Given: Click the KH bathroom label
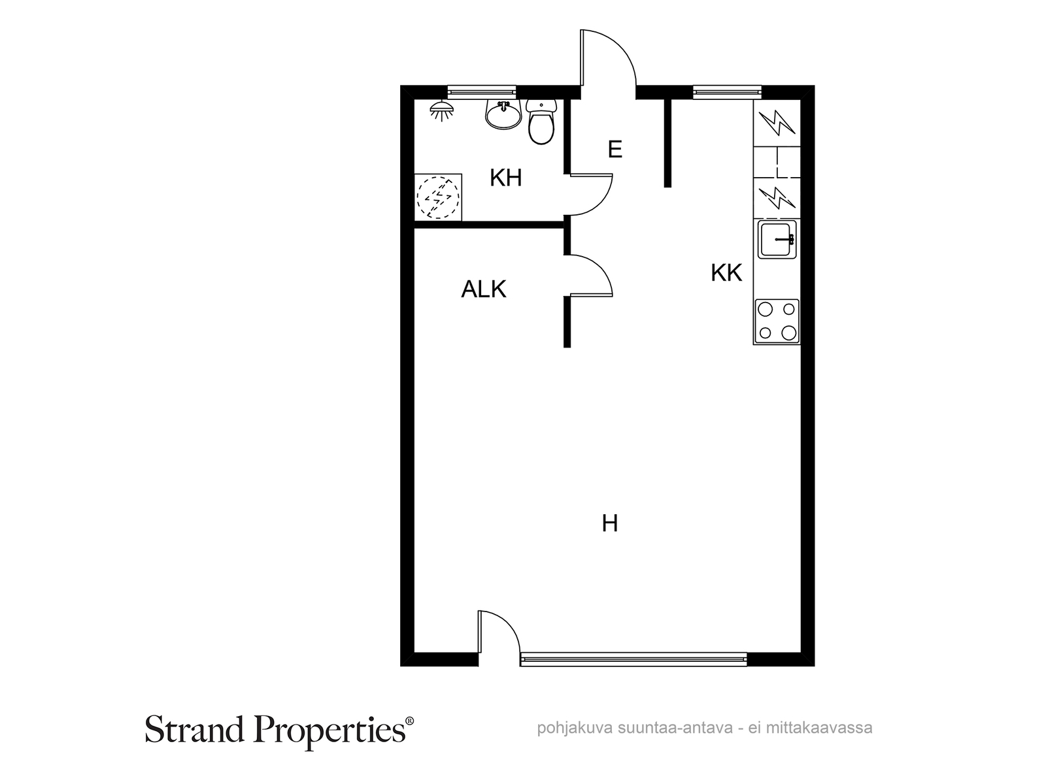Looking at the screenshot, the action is click(x=505, y=178).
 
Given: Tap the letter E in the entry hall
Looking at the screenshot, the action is click(x=615, y=150).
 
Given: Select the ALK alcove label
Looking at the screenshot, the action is click(x=483, y=289).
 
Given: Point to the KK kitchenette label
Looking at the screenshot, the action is click(x=726, y=273).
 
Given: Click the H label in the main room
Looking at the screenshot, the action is click(x=610, y=523).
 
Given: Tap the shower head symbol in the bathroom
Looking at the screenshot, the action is click(x=442, y=110).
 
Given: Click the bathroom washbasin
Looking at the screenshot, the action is click(x=503, y=115).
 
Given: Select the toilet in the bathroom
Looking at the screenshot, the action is click(x=541, y=122).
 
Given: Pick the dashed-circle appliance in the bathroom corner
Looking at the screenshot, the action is click(x=438, y=197).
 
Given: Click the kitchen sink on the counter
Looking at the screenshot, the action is click(x=777, y=239).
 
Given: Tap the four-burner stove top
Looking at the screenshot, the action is click(x=777, y=322).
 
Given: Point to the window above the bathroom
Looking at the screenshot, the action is click(x=482, y=92).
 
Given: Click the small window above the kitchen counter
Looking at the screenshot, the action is click(x=727, y=92).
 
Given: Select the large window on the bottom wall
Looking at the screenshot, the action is click(x=633, y=659).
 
